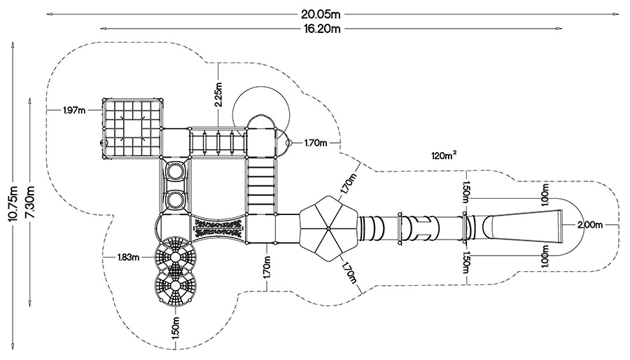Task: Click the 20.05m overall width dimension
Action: point(321,15)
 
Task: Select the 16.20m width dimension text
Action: point(321,29)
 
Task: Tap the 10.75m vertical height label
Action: point(13,205)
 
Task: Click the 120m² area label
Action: point(444,155)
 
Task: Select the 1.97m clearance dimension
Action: point(74,110)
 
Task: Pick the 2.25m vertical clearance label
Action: point(218,95)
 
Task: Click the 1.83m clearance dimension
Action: point(129,257)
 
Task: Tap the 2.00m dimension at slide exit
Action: point(590,225)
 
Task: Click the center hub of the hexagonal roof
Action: point(328,228)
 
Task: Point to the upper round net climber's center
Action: point(176,257)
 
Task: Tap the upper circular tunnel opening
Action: point(176,171)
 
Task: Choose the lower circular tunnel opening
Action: point(176,200)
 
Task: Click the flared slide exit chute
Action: point(522,227)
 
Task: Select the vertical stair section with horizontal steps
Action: point(261,185)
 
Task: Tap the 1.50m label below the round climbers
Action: point(176,328)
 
